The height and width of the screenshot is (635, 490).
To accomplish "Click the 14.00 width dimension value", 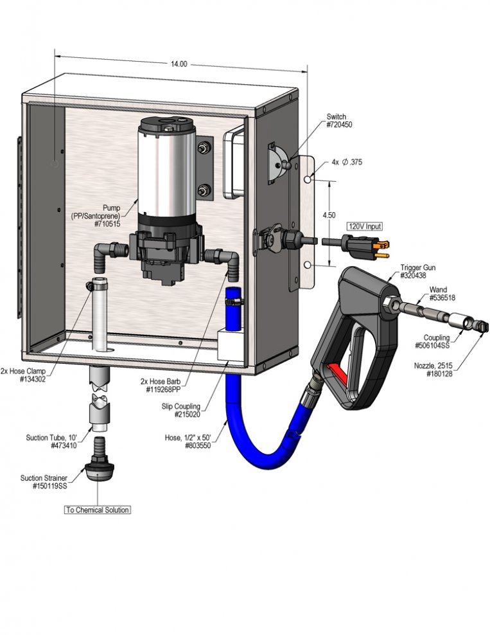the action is click(x=179, y=64).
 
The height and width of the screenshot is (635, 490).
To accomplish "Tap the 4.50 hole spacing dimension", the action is click(x=329, y=215).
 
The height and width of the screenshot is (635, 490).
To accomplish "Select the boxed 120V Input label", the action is click(x=365, y=226).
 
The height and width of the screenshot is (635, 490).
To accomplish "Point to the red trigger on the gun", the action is click(x=337, y=373).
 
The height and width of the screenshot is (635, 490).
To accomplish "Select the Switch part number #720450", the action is click(x=340, y=125).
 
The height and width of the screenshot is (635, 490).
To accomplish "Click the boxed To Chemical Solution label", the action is click(x=98, y=510).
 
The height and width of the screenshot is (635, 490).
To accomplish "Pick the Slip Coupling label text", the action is click(x=180, y=406).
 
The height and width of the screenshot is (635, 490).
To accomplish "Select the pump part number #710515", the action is click(x=107, y=224).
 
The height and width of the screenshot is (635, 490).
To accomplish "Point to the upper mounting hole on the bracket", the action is click(x=308, y=179).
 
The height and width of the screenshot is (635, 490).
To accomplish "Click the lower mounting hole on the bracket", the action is click(x=308, y=265).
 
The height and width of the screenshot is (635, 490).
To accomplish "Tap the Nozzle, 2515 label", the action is click(x=433, y=366).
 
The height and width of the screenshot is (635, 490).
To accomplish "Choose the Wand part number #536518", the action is click(x=442, y=298).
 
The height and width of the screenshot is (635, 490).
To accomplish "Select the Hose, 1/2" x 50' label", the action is click(x=188, y=438).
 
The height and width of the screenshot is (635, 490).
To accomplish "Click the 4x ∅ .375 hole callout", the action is click(x=347, y=162).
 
